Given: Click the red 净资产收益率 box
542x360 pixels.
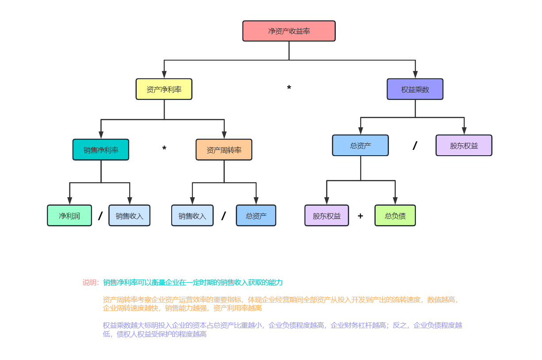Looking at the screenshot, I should (289, 31).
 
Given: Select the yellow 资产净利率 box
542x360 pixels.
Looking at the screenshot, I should (164, 89).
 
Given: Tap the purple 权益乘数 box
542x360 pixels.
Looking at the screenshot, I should (415, 89).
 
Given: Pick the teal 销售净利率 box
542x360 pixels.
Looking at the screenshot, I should (101, 150).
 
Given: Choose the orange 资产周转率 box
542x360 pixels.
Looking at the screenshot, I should (224, 150).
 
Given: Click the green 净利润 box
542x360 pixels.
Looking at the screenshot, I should (69, 216).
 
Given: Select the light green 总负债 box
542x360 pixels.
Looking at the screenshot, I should (395, 216).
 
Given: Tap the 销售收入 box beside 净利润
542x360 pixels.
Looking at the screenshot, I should (130, 216).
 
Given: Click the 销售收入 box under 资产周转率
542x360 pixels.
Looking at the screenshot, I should (192, 216).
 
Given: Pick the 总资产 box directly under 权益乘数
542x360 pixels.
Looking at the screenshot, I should (360, 146).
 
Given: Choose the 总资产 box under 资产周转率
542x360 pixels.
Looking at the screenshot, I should (256, 216).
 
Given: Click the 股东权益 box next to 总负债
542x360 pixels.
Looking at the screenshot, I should (327, 216).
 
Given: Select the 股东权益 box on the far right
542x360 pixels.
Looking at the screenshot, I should (464, 146).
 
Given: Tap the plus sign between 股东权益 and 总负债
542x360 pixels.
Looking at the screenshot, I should (360, 216).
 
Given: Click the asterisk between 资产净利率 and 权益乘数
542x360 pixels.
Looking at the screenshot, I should (289, 88).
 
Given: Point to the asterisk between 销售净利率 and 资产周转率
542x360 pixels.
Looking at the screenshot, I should (164, 149).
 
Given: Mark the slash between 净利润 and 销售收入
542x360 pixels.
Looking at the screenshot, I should (100, 216).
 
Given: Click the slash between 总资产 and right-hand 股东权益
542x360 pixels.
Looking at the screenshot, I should (415, 146).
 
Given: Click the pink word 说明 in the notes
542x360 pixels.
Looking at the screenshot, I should (90, 283).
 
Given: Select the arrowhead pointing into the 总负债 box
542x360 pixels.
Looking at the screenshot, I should (395, 201).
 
